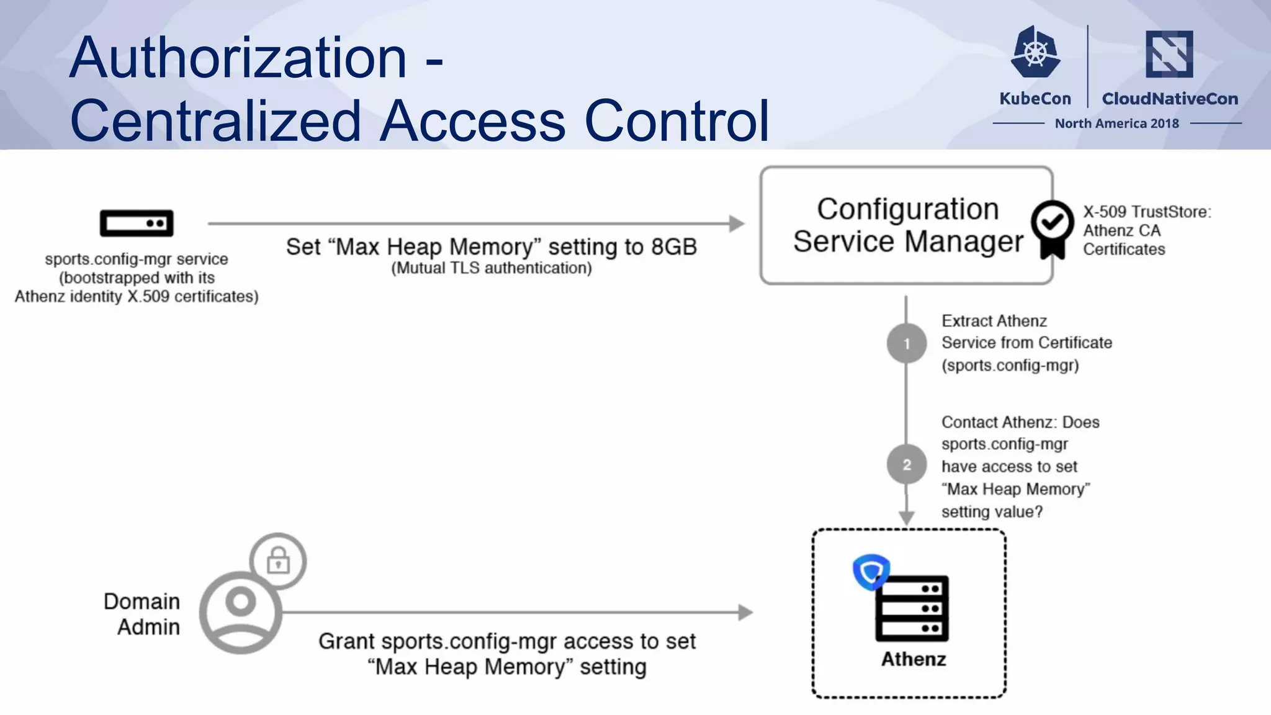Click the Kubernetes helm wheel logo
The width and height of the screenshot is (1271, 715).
pyautogui.click(x=1035, y=53)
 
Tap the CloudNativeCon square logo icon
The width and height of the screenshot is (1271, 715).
pyautogui.click(x=1169, y=54)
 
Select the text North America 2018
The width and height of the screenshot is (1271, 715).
pyautogui.click(x=1116, y=124)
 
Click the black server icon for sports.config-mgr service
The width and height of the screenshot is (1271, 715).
pyautogui.click(x=137, y=223)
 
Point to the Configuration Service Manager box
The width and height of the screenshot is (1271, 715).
pyautogui.click(x=906, y=225)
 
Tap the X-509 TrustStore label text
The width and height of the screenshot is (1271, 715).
pyautogui.click(x=1147, y=212)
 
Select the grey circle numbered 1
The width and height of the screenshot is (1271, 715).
pyautogui.click(x=907, y=343)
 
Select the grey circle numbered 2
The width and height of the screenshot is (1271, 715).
pyautogui.click(x=907, y=465)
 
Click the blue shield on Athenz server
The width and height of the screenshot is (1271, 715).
pyautogui.click(x=871, y=571)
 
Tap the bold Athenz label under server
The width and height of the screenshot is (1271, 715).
pyautogui.click(x=914, y=659)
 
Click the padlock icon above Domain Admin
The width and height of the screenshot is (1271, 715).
pyautogui.click(x=278, y=561)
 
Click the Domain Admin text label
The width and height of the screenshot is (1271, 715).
pyautogui.click(x=143, y=614)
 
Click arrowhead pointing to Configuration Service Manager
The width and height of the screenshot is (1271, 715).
pyautogui.click(x=737, y=223)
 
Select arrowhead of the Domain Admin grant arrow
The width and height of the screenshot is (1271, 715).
pyautogui.click(x=745, y=613)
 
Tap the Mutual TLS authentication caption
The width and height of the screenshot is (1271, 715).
pyautogui.click(x=491, y=268)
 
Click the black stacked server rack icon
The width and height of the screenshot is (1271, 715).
pyautogui.click(x=912, y=608)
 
